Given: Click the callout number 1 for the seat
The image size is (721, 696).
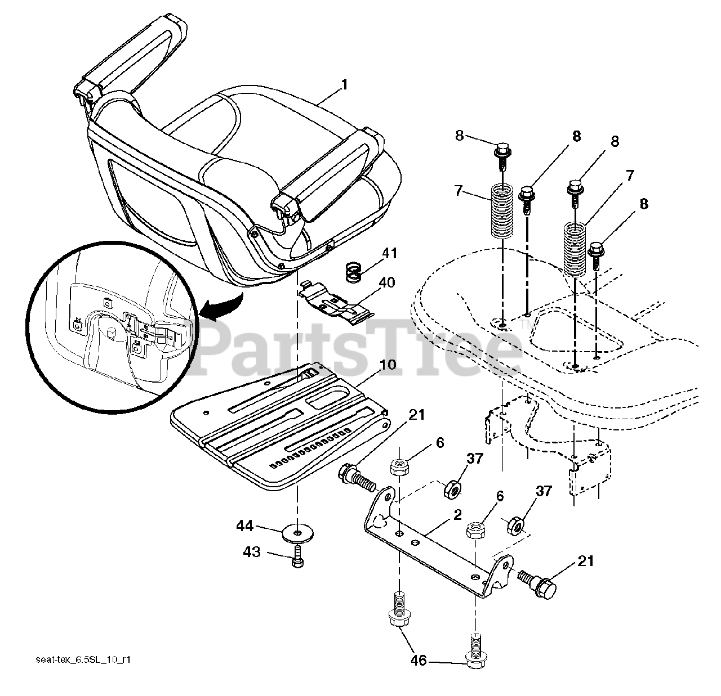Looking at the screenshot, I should pyautogui.click(x=344, y=86).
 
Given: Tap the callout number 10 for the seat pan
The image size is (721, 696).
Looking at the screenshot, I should pyautogui.click(x=388, y=365).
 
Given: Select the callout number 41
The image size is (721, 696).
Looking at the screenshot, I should pyautogui.click(x=389, y=254).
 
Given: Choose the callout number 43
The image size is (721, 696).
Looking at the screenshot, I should pyautogui.click(x=251, y=553).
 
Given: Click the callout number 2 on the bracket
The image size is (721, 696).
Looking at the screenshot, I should pyautogui.click(x=457, y=514).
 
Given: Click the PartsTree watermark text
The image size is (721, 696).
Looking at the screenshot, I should pyautogui.click(x=360, y=344).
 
